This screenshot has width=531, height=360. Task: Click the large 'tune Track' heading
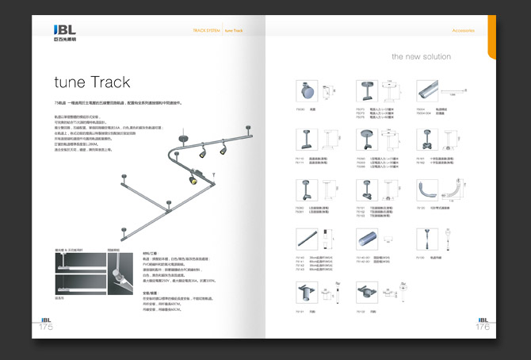(92, 82)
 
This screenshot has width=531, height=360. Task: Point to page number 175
(47, 325)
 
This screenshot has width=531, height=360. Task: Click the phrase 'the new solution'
(421, 57)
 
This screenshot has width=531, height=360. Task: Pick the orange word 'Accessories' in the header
(464, 30)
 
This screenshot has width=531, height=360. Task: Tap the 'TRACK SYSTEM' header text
(206, 30)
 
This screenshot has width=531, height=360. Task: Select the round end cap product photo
(306, 90)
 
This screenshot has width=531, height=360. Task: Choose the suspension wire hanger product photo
(426, 238)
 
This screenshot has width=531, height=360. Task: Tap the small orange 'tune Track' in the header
(233, 30)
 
